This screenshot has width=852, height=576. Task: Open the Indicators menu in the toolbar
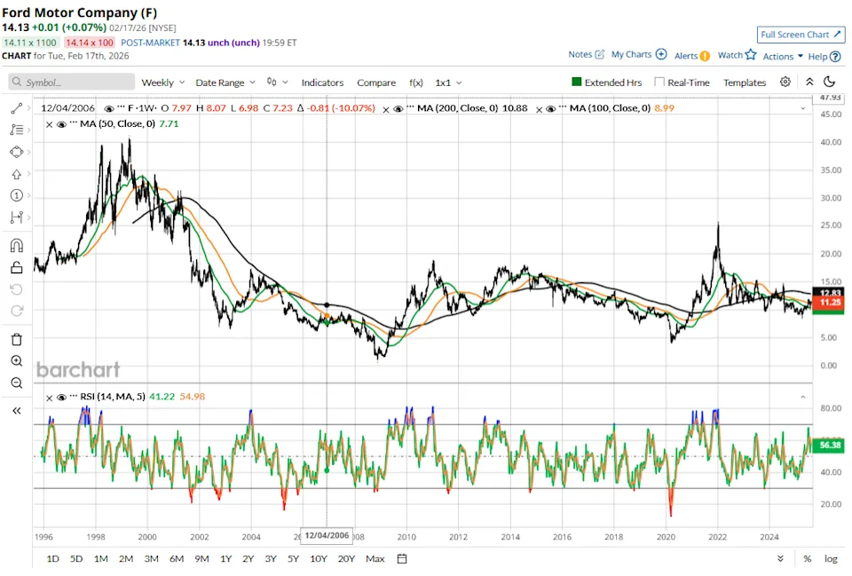pyautogui.click(x=322, y=83)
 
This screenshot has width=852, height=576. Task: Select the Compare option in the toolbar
pyautogui.click(x=376, y=83)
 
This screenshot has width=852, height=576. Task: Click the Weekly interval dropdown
pyautogui.click(x=162, y=83)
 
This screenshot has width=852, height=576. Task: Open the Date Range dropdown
pyautogui.click(x=225, y=83)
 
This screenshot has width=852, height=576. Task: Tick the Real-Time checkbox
pyautogui.click(x=659, y=83)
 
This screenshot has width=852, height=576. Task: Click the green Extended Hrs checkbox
pyautogui.click(x=577, y=83)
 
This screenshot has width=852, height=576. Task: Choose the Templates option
pyautogui.click(x=744, y=83)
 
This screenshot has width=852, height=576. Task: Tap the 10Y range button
pyautogui.click(x=318, y=558)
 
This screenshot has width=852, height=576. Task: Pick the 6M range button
pyautogui.click(x=177, y=558)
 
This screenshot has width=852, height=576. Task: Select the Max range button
pyautogui.click(x=375, y=558)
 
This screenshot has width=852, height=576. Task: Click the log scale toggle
pyautogui.click(x=831, y=558)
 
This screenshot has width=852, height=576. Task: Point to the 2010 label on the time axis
pyautogui.click(x=406, y=537)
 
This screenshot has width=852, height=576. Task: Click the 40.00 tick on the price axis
pyautogui.click(x=831, y=142)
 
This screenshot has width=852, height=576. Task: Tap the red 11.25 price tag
pyautogui.click(x=831, y=303)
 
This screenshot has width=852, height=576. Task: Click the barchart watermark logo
pyautogui.click(x=78, y=369)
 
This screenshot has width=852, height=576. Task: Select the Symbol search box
pyautogui.click(x=74, y=83)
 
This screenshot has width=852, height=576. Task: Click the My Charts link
pyautogui.click(x=638, y=55)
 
